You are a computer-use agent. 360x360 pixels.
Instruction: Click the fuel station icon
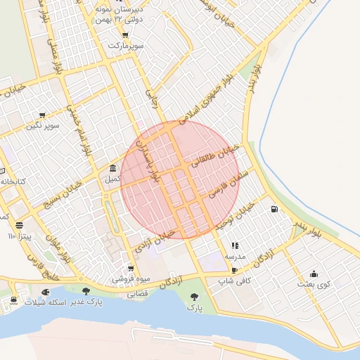point(273,209)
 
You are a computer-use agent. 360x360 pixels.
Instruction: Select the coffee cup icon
point(234,270)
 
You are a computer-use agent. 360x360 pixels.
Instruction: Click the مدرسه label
point(235,257)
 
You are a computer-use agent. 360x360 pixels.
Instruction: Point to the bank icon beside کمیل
point(114,168)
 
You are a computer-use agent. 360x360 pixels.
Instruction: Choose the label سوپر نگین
point(43,126)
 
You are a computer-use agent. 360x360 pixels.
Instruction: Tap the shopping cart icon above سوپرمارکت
point(125,35)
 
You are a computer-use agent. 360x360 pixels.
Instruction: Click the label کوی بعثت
point(314,284)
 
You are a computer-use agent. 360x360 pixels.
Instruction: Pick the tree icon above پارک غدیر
point(86,291)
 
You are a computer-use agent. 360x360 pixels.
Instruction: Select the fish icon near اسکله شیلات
point(46,291)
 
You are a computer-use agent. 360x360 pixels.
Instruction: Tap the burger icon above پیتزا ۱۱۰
point(19,226)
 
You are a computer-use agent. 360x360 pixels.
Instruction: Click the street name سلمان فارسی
point(224,180)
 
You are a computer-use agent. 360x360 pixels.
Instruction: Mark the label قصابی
point(137,295)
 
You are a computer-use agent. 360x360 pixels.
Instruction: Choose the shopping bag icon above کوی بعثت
point(314,274)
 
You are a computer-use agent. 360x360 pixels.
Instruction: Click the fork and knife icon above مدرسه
point(235,246)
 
